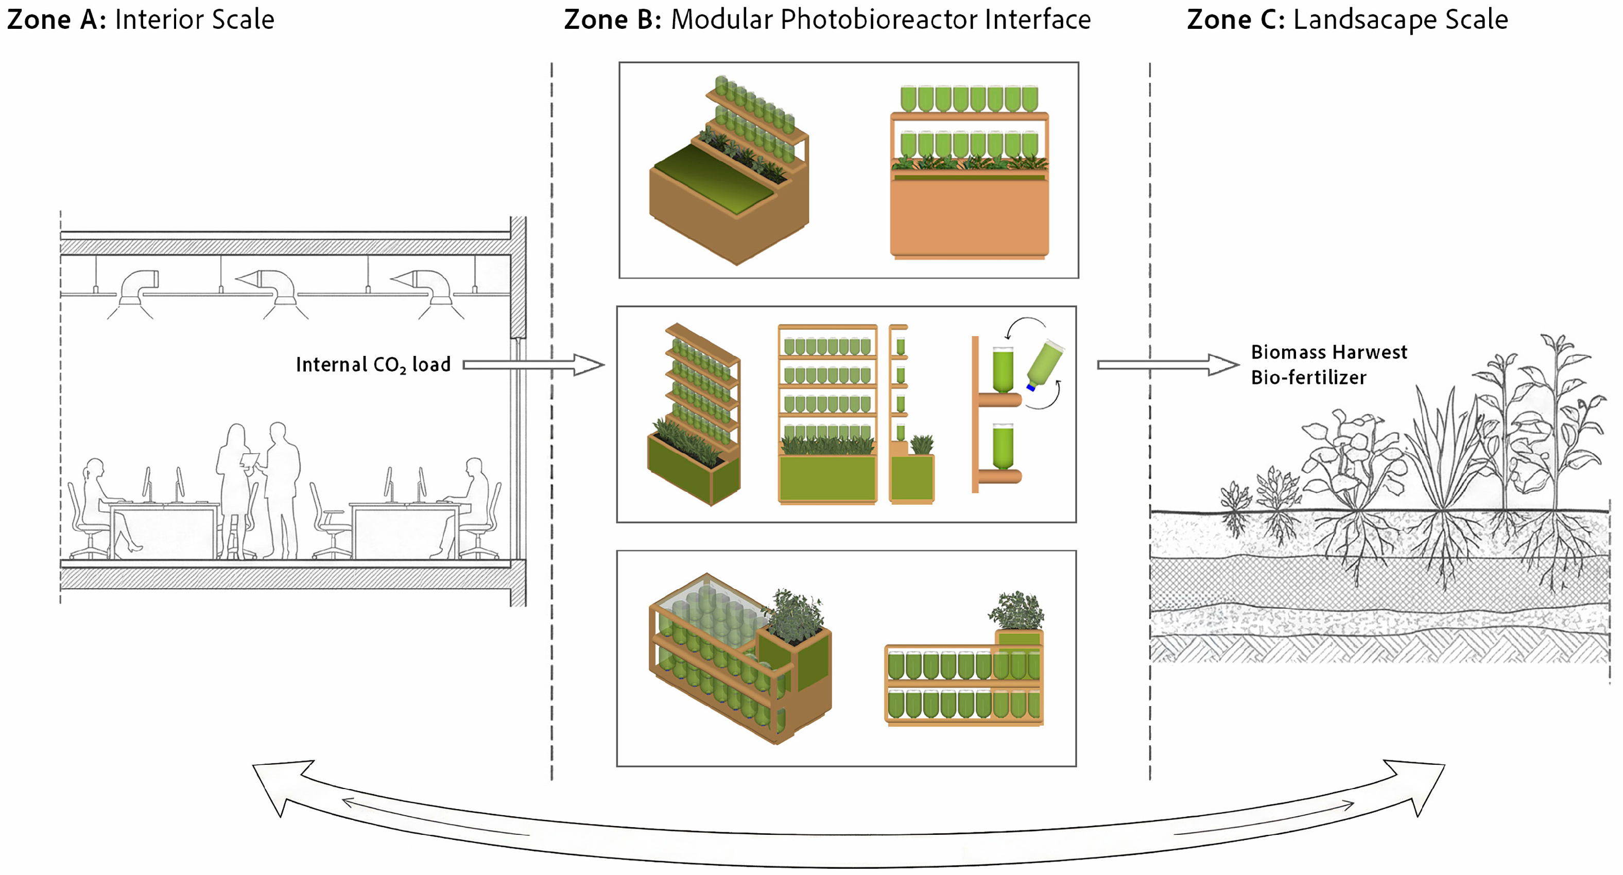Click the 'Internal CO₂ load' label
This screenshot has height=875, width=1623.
coord(373,365)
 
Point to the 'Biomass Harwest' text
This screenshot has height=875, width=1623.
coord(1328,352)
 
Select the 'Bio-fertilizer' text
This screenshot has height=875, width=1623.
coord(1308,378)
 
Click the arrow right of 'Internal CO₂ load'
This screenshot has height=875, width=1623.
coord(533,365)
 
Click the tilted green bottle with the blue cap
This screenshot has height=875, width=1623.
coord(1045,365)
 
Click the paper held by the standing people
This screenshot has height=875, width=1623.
coord(250,460)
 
